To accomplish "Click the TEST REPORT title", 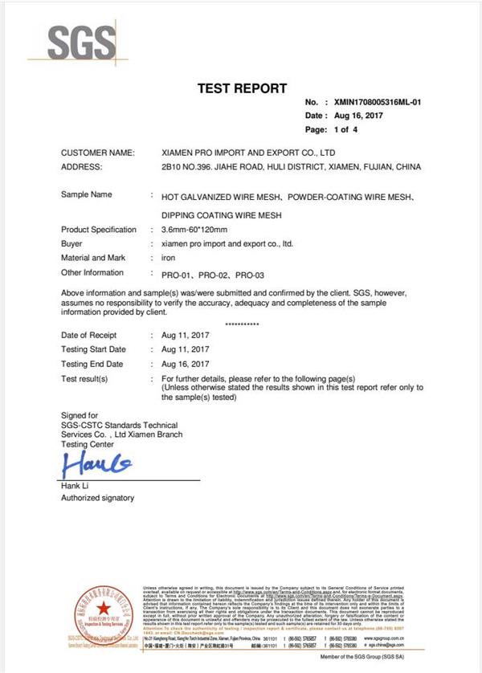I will [x=241, y=88].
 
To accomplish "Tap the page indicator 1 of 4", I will [x=341, y=129].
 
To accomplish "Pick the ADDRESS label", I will [x=82, y=167].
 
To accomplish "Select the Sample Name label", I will [x=87, y=195].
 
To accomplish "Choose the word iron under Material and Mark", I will [x=169, y=258].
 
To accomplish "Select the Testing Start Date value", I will [x=186, y=349].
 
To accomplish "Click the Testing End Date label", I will [x=92, y=364].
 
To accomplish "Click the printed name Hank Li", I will [x=77, y=486].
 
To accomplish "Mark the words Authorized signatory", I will [x=98, y=499].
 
